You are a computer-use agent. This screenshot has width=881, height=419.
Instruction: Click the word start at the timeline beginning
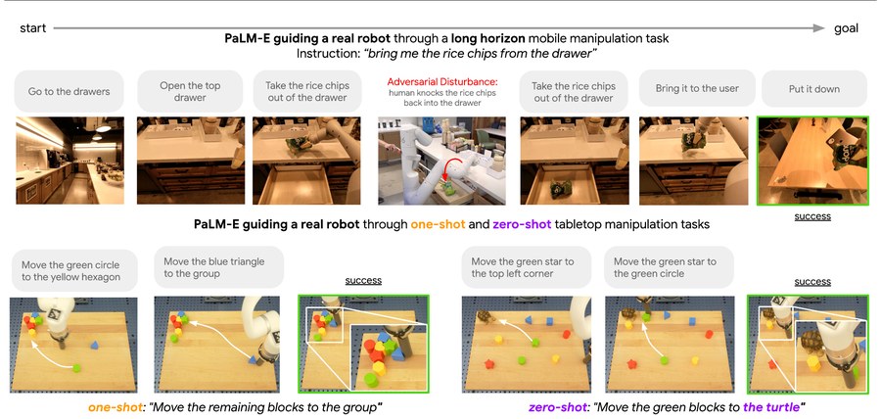[32, 28]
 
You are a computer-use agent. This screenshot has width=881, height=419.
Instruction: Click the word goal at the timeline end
[846, 28]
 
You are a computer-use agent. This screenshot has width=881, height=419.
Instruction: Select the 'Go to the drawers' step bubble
[69, 91]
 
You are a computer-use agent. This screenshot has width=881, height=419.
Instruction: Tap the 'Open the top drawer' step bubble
[190, 91]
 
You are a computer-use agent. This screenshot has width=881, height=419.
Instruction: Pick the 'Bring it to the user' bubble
[697, 89]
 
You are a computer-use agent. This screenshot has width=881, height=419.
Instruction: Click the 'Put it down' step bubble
[814, 89]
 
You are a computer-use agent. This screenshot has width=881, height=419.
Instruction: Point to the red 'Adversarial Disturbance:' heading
[441, 82]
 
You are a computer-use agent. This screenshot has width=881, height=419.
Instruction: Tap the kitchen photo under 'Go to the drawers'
[70, 161]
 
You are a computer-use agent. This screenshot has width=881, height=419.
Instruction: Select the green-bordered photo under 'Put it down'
[812, 161]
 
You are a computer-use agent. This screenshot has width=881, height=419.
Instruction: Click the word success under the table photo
[812, 215]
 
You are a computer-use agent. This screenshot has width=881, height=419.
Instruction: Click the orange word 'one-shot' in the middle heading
[438, 224]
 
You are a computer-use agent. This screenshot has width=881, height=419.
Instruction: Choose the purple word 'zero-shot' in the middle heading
[521, 224]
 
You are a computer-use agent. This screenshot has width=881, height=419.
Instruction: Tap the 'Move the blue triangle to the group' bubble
[218, 268]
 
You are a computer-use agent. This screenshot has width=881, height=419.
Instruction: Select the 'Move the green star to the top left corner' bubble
[526, 267]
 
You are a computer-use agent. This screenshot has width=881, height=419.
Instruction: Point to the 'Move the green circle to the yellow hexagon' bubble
[74, 271]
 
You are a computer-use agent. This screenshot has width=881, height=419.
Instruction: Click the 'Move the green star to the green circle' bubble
[670, 267]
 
